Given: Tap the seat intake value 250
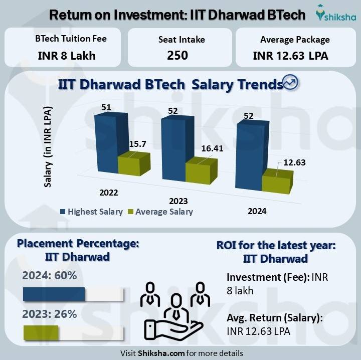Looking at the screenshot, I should coord(177,55).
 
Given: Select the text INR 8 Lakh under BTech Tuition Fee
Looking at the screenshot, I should coord(67,55).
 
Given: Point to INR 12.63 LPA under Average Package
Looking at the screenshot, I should coord(291,56).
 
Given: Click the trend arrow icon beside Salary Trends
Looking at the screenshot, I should coord(291,83).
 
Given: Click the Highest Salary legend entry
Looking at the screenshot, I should coord(91,212).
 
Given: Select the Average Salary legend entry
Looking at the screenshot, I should coord(160,212).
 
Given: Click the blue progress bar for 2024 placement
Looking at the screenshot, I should coord(54,294).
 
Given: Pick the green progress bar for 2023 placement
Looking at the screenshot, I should coord(41,332).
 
